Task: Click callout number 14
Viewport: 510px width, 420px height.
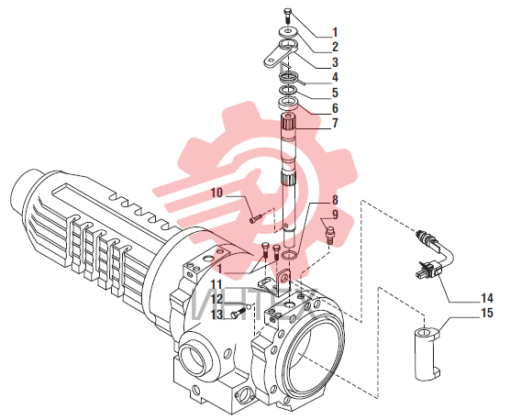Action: pyautogui.click(x=487, y=298)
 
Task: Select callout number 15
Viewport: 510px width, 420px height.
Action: pyautogui.click(x=487, y=313)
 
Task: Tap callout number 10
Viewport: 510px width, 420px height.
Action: pyautogui.click(x=216, y=193)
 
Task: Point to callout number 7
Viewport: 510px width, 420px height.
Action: pyautogui.click(x=335, y=123)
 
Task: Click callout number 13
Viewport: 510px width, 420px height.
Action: pyautogui.click(x=216, y=314)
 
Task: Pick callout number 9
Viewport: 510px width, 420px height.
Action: pyautogui.click(x=335, y=215)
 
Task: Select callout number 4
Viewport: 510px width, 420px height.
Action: pyautogui.click(x=335, y=77)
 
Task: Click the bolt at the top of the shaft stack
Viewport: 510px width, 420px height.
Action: pyautogui.click(x=288, y=16)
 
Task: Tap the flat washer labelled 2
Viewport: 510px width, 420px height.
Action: pyautogui.click(x=287, y=31)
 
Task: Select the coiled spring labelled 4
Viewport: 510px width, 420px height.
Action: pyautogui.click(x=289, y=78)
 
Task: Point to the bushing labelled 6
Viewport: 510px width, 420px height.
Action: pyautogui.click(x=287, y=104)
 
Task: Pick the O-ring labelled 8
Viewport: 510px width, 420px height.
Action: pyautogui.click(x=289, y=256)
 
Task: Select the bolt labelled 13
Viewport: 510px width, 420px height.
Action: pyautogui.click(x=237, y=314)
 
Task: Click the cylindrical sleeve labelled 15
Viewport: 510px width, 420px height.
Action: pyautogui.click(x=427, y=354)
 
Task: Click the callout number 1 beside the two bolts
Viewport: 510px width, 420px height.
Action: pyautogui.click(x=220, y=269)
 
